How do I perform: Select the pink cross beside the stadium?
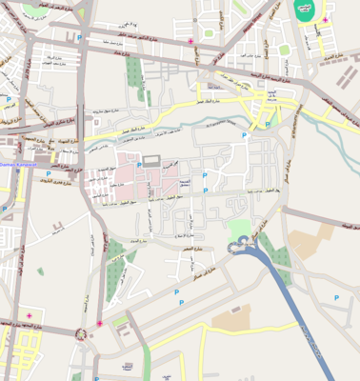coord(325,20)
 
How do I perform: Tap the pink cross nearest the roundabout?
coord(99,323)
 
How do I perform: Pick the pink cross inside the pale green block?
coord(29,315)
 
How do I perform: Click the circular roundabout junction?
coord(80,333)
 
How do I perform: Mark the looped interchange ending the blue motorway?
coord(243,246)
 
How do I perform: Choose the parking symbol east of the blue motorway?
coord(335,298)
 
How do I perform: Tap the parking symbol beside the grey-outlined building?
coord(139,165)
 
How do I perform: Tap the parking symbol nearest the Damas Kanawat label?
coord(49,173)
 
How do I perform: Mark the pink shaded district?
coord(119,176)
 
